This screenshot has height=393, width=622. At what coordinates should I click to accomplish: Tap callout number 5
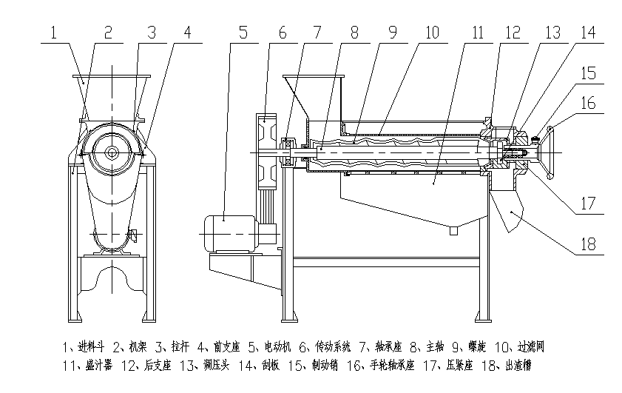tap(245, 33)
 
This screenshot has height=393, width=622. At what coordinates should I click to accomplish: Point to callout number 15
tap(588, 73)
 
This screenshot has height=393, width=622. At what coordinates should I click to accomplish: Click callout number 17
tap(589, 202)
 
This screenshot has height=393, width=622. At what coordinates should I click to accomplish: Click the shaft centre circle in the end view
tap(112, 153)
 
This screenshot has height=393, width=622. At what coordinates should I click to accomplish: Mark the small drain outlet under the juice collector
tap(453, 230)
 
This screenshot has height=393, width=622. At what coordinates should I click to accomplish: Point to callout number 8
tap(354, 33)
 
